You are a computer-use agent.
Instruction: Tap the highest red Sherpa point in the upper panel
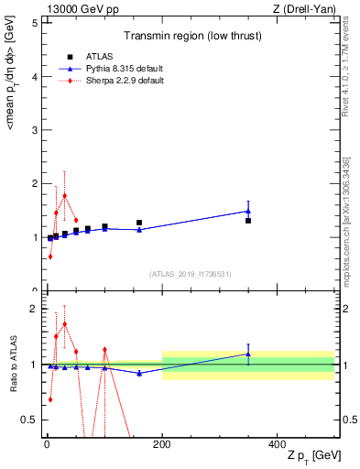coord(64,195)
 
